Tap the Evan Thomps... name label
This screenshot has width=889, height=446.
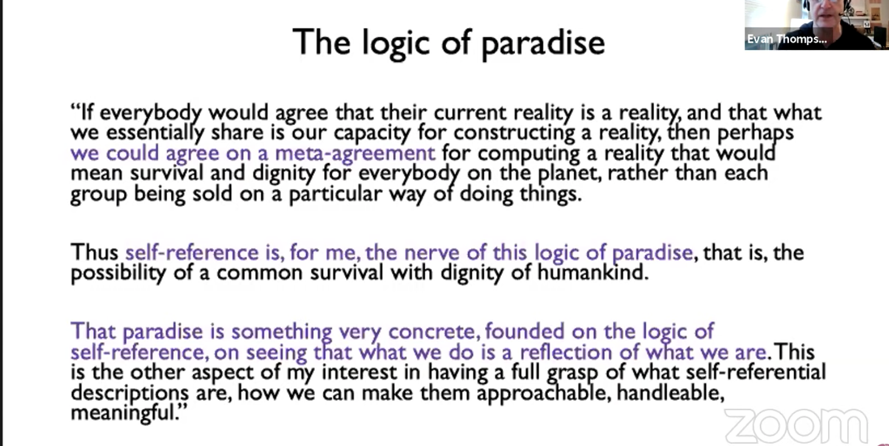coord(787,39)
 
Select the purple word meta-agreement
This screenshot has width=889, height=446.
coord(355,153)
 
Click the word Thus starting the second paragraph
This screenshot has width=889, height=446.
coord(94,252)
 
